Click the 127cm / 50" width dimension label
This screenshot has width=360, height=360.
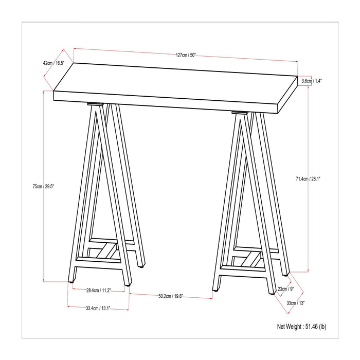(186, 55)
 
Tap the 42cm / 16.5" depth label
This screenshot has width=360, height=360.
(53, 63)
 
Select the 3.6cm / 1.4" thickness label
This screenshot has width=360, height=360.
(312, 81)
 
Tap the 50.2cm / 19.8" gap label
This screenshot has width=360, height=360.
(171, 296)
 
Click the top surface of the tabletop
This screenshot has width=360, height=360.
(175, 82)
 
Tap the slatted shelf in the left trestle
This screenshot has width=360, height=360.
(105, 251)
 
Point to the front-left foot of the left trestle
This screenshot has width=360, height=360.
(70, 281)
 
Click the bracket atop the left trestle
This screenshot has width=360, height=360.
(95, 105)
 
